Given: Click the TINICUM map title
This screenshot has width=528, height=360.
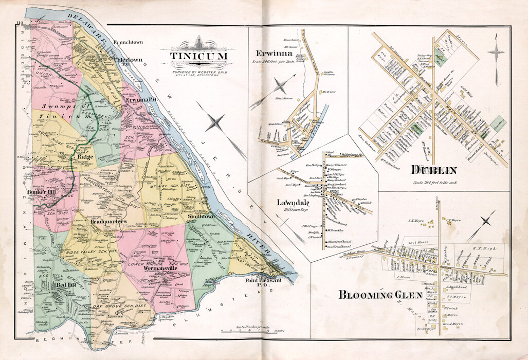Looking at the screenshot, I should pos(197,56).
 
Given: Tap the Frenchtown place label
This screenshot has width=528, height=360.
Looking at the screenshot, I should pos(128,42).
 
